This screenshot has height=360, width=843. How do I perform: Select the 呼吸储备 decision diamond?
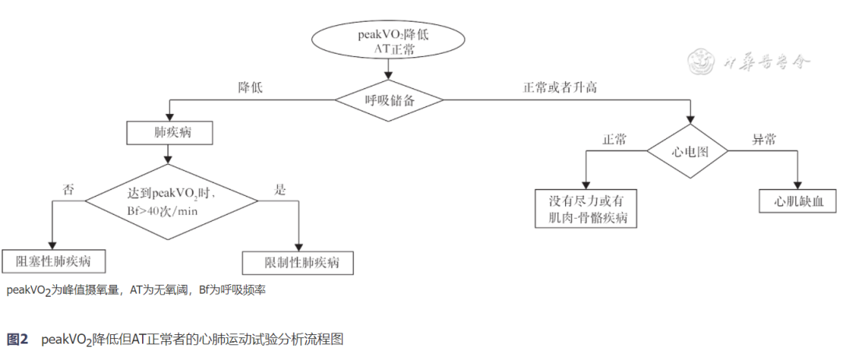389,99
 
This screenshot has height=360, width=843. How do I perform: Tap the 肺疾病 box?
169,133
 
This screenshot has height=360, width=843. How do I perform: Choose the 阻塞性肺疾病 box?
53,261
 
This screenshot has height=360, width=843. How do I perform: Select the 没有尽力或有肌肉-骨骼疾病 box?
586,208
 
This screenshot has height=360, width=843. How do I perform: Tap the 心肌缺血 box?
798,200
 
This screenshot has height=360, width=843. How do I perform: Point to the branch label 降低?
251,88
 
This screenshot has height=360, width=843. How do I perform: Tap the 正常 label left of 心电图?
614,140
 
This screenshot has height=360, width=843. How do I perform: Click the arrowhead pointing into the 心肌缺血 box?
798,184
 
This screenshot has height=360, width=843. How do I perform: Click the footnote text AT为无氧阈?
161,290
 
